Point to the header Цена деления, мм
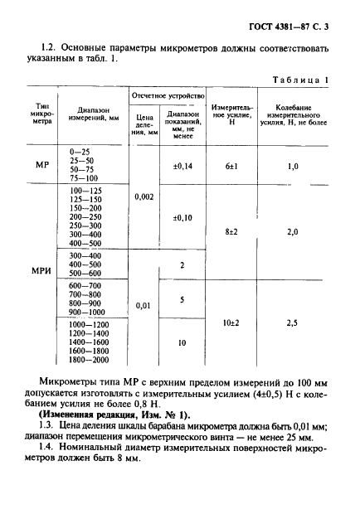[145, 124]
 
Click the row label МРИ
[44, 272]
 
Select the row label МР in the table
[44, 166]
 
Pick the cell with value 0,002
[145, 198]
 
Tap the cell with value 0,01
[145, 306]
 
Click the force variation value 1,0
[292, 167]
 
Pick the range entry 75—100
[85, 179]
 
